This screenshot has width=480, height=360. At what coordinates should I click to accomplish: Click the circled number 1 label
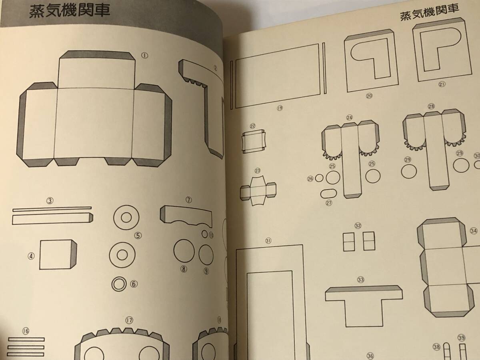145,56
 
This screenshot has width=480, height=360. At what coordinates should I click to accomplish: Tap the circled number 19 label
280,108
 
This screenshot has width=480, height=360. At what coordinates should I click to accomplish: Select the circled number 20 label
369,96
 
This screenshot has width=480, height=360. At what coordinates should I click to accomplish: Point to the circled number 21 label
442,84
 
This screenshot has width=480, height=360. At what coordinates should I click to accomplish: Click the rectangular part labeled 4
56,255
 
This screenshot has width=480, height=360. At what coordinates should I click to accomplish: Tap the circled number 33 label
361,280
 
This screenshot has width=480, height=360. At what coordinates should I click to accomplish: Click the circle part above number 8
184,249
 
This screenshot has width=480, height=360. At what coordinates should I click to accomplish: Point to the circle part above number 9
206,253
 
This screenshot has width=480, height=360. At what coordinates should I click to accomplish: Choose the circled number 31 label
268,240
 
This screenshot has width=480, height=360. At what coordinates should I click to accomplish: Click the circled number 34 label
474,231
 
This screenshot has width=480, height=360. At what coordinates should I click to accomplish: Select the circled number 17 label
129,320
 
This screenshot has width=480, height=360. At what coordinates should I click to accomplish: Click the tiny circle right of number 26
319,178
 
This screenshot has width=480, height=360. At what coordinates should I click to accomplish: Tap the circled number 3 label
50,201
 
